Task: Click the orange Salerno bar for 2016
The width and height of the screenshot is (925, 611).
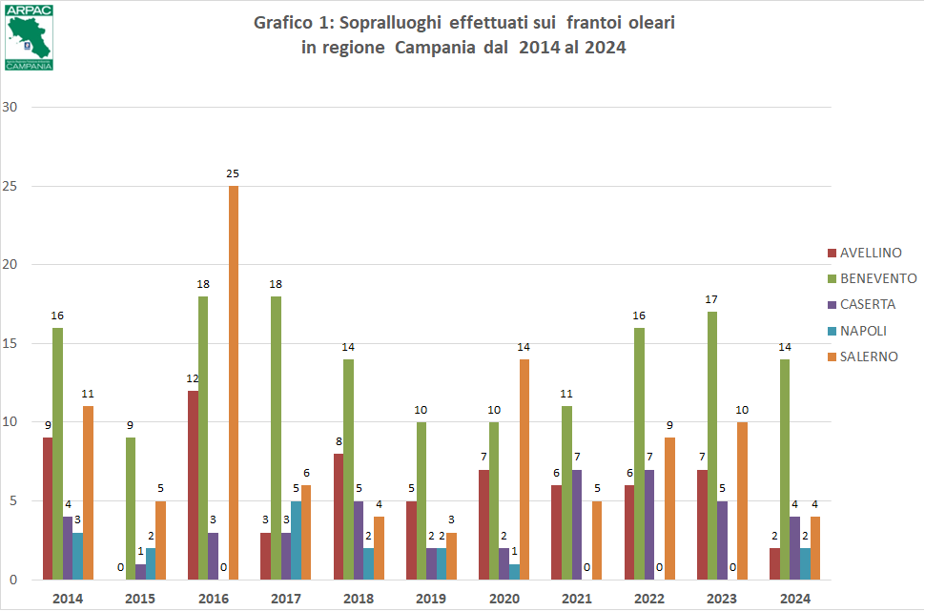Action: pyautogui.click(x=234, y=381)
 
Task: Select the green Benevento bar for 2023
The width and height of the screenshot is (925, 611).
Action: pyautogui.click(x=711, y=445)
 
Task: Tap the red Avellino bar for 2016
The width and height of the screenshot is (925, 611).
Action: pyautogui.click(x=193, y=484)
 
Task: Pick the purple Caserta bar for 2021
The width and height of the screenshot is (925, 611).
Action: pyautogui.click(x=576, y=524)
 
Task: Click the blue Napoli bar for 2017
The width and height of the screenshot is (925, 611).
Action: pyautogui.click(x=295, y=540)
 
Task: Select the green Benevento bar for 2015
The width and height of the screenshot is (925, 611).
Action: pyautogui.click(x=131, y=508)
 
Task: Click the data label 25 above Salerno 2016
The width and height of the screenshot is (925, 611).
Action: pyautogui.click(x=233, y=173)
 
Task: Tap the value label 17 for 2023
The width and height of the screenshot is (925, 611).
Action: pyautogui.click(x=711, y=299)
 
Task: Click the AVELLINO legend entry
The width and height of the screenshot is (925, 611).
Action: pyautogui.click(x=871, y=253)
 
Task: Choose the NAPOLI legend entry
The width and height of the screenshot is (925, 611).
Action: pyautogui.click(x=862, y=331)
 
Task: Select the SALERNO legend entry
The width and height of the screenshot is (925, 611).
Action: pyautogui.click(x=867, y=356)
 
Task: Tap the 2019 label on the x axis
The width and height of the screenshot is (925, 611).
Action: pyautogui.click(x=432, y=598)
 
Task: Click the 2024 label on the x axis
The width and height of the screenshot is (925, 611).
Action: pyautogui.click(x=794, y=598)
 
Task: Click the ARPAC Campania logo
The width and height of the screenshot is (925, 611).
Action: pyautogui.click(x=29, y=36)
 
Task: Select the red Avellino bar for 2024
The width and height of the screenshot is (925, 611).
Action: pyautogui.click(x=774, y=563)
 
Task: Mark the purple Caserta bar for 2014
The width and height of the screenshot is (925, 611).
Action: pyautogui.click(x=68, y=548)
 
